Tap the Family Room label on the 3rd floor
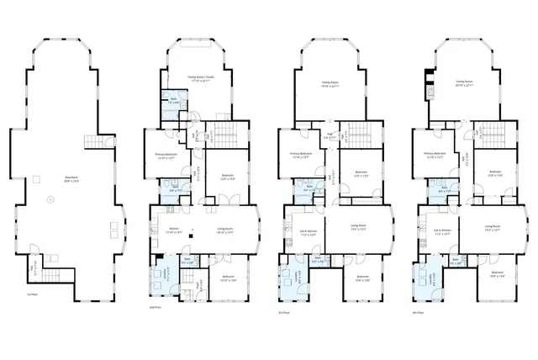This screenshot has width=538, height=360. pyautogui.click(x=329, y=83)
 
